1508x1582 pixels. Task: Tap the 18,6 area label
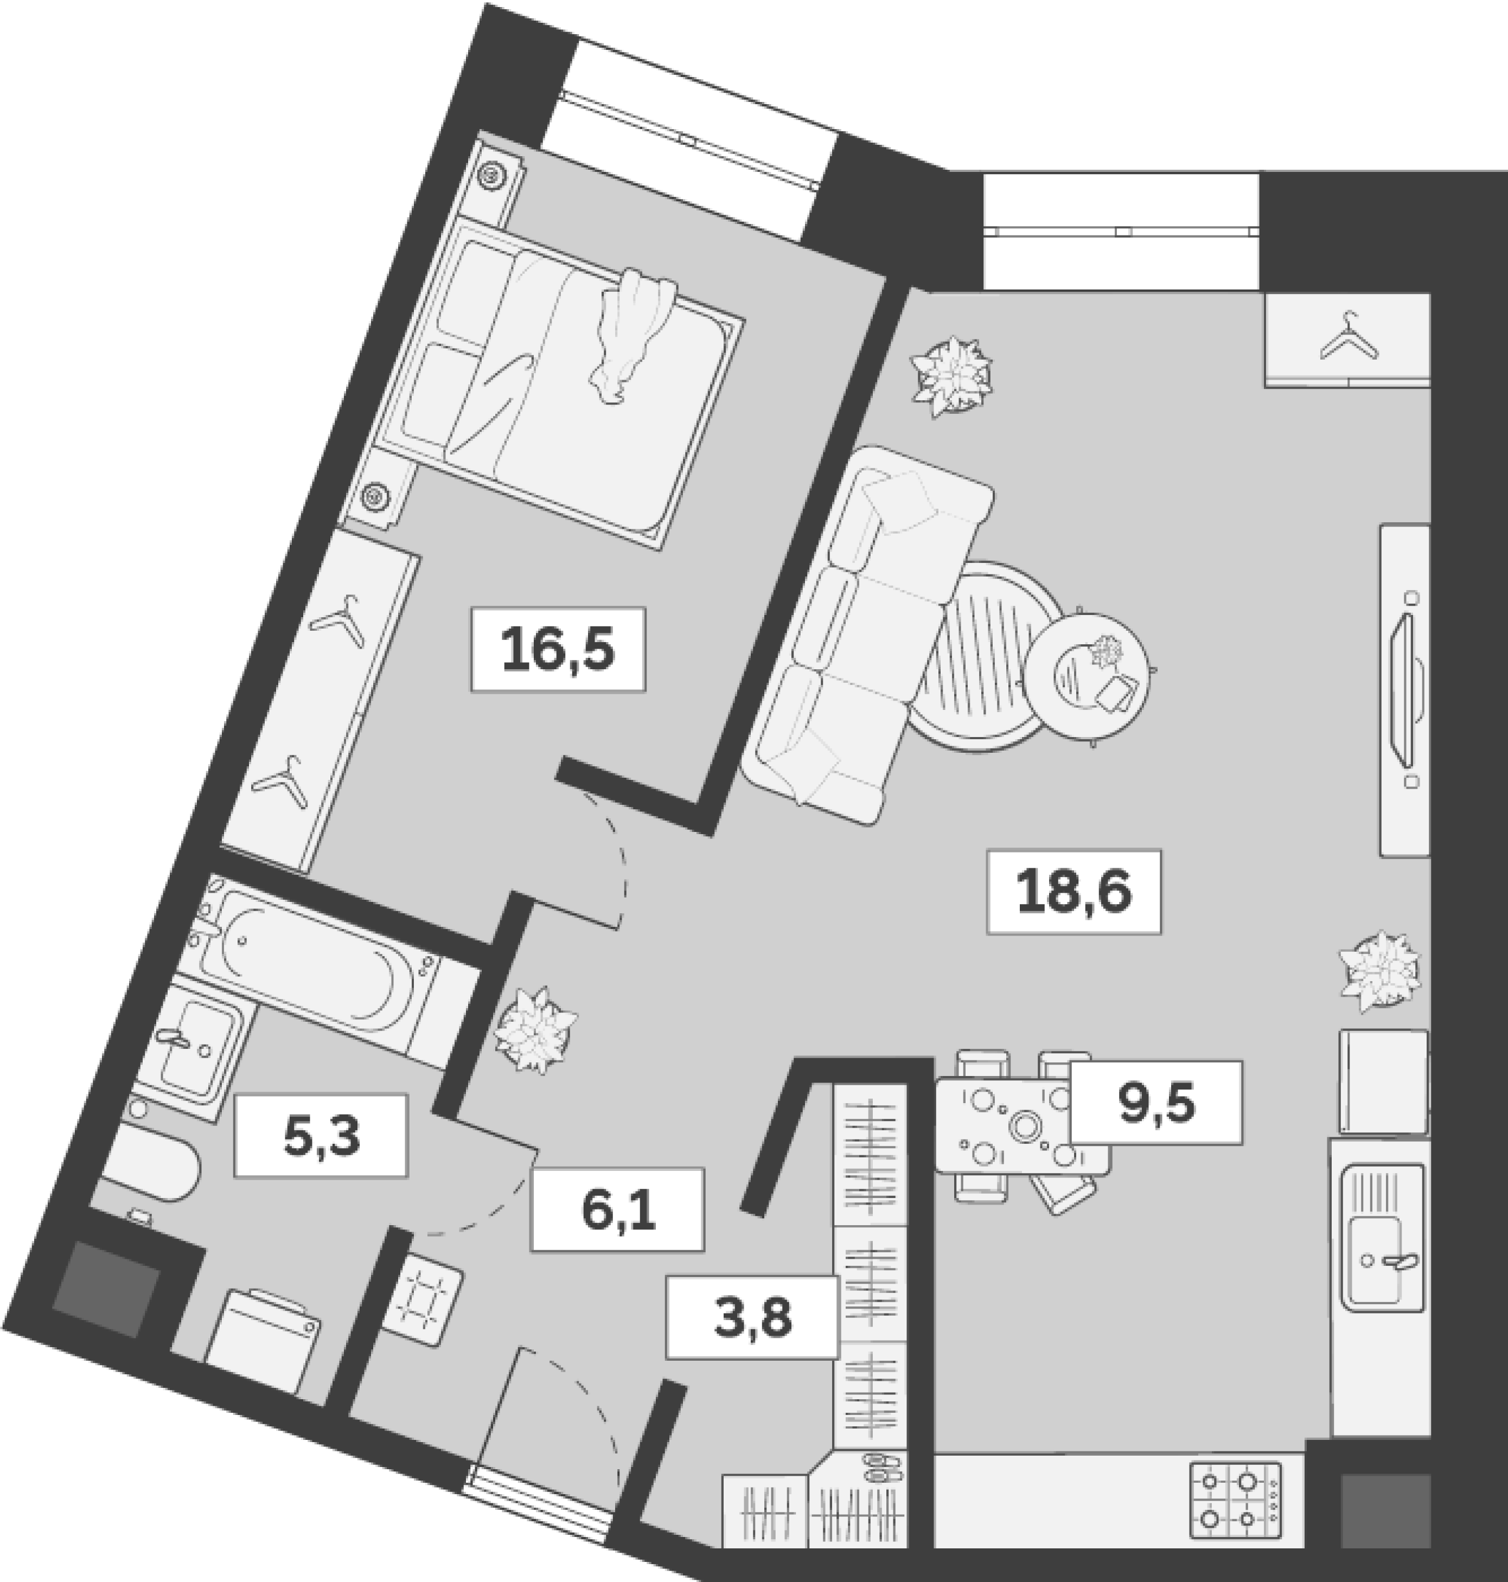pyautogui.click(x=1074, y=892)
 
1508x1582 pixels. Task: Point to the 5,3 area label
pyautogui.click(x=321, y=1135)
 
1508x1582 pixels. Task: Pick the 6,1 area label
pyautogui.click(x=617, y=1210)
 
